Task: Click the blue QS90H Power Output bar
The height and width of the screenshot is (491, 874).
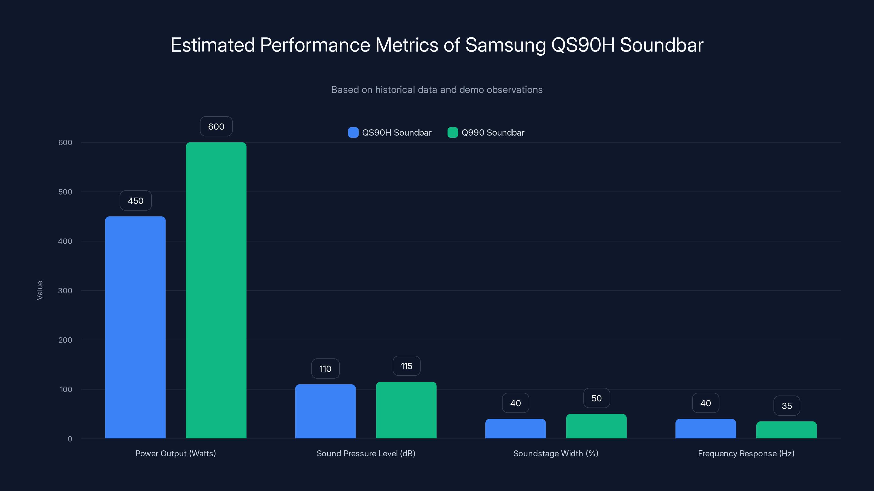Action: point(135,327)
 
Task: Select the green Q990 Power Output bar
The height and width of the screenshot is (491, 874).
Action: point(216,290)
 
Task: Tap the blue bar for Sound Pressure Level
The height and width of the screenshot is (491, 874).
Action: point(325,411)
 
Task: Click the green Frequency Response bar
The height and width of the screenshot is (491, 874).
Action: point(787,430)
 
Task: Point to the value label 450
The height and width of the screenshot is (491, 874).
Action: point(136,200)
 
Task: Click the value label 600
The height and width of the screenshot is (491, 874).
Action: point(216,126)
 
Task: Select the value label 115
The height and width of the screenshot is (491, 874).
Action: point(406,366)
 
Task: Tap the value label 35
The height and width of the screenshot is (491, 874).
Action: point(787,406)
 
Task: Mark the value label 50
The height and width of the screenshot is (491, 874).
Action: point(597,398)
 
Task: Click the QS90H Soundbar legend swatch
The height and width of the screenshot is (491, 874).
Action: point(353,133)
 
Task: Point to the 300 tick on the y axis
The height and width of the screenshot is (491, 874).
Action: point(65,291)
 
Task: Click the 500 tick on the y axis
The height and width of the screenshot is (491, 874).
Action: point(65,192)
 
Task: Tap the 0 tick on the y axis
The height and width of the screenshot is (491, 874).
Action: point(70,439)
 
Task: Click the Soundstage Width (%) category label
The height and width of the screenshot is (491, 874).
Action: point(556,453)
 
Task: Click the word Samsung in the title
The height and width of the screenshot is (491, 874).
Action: point(506,45)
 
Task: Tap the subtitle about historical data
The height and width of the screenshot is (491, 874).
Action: point(437,90)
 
